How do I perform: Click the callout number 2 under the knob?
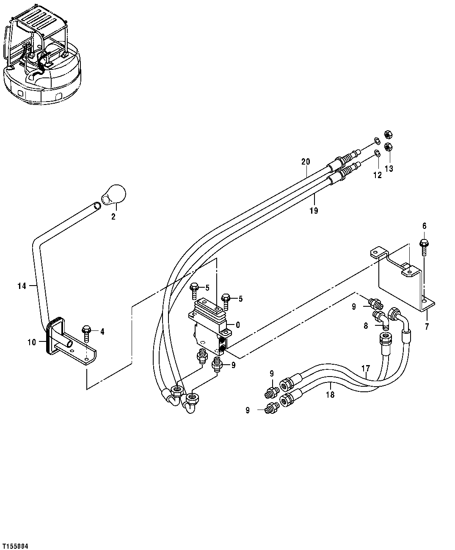pos(113,217)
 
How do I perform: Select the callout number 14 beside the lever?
pos(22,286)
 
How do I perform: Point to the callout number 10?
pos(32,342)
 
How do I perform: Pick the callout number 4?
pos(102,332)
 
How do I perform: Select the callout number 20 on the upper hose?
pos(306,162)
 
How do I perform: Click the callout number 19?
pos(314,210)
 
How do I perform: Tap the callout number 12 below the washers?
pos(377,175)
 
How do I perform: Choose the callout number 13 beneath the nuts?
pos(389,169)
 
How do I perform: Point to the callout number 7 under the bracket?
pos(427,327)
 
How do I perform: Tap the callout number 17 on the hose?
pos(367,368)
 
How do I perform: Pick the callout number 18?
pos(330,395)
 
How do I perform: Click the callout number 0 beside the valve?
pos(238,325)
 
